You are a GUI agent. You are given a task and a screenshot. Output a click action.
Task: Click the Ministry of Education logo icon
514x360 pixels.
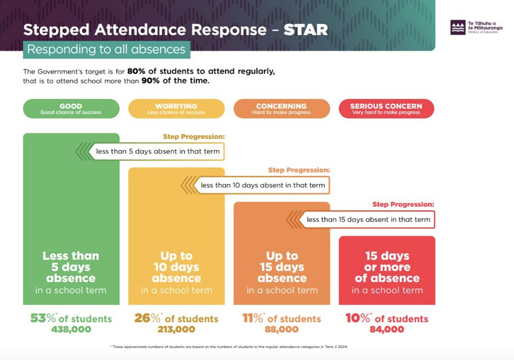(x=457, y=27)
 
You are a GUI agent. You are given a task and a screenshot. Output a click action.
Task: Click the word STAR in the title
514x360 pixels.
(x=306, y=29)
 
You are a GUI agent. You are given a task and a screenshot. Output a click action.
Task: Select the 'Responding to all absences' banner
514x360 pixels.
(x=106, y=50)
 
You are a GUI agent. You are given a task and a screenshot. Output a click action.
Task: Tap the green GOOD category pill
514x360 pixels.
(x=71, y=109)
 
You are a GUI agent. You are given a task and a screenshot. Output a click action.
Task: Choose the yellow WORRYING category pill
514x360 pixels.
(x=176, y=109)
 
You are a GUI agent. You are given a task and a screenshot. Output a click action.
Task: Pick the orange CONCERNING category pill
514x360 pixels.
(x=281, y=109)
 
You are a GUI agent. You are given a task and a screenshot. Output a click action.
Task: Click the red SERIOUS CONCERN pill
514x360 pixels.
(x=386, y=109)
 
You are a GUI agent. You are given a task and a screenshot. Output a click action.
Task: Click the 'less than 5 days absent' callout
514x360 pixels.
(x=158, y=151)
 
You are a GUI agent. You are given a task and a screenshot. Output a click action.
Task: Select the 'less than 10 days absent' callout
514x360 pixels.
(x=263, y=185)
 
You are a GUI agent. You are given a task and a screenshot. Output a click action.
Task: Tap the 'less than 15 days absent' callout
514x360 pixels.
(x=368, y=220)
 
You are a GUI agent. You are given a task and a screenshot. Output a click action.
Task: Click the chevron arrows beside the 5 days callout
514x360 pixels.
(x=84, y=151)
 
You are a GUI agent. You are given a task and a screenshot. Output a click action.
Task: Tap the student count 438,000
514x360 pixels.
(x=71, y=330)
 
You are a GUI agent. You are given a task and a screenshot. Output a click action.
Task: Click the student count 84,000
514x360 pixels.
(x=387, y=330)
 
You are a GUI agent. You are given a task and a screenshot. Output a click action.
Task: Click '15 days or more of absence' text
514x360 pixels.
(x=387, y=267)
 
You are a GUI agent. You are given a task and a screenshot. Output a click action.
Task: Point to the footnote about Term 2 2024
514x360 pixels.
(x=229, y=347)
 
